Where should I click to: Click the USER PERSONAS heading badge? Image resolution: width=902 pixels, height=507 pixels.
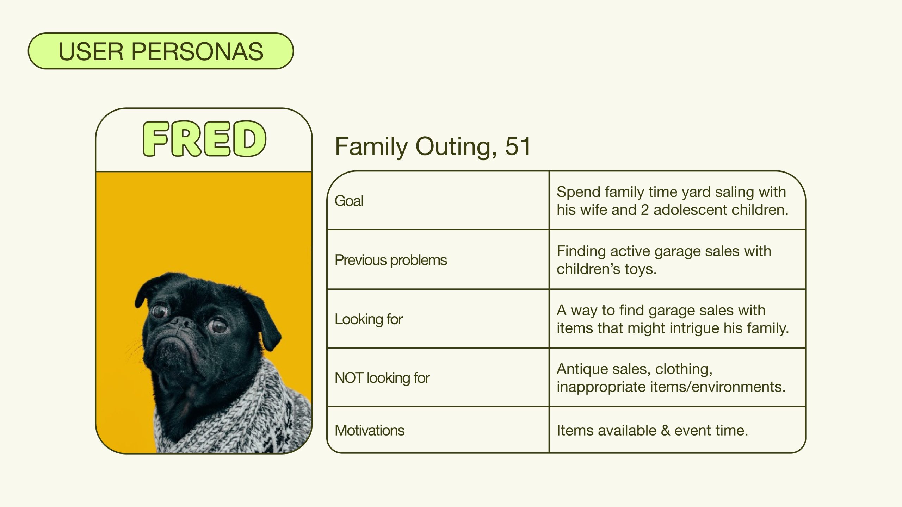[x=161, y=51]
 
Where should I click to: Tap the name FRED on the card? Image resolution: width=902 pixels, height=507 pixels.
[x=204, y=139]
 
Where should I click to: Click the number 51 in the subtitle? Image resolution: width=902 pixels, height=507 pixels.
[x=518, y=146]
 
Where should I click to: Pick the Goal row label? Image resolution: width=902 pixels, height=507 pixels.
[x=349, y=201]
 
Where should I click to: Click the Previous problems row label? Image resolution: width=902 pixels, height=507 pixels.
[x=391, y=260]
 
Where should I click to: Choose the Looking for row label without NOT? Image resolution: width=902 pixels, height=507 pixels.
[x=369, y=319]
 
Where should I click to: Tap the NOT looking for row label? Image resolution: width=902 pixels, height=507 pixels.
[x=382, y=378]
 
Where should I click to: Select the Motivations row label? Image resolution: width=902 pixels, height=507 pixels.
[x=370, y=430]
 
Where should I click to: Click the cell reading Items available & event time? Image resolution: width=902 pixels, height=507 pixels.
[x=652, y=430]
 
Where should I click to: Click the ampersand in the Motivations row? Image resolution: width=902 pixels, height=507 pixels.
[x=665, y=431]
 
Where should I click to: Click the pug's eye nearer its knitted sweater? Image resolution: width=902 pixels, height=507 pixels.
[x=219, y=325]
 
